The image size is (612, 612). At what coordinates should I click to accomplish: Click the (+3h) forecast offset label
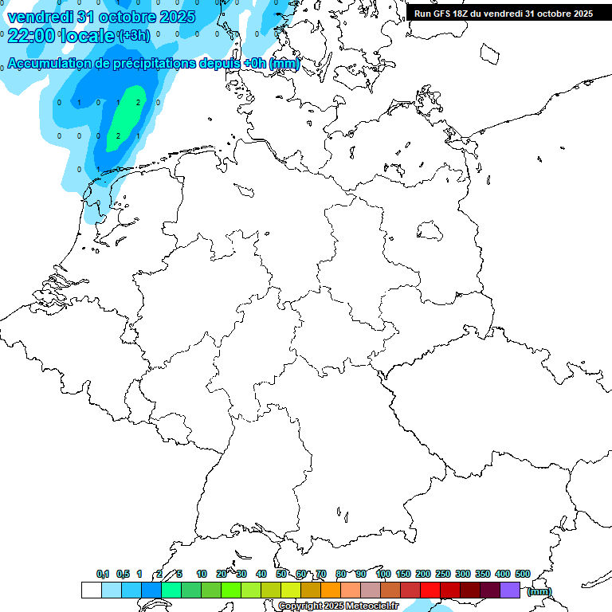point(133,36)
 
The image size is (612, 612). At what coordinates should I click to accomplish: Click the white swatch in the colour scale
point(91,590)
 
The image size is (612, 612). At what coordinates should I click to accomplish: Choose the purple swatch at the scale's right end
point(510,590)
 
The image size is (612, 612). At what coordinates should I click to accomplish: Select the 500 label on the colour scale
point(523,574)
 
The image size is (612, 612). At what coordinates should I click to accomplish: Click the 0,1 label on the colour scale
point(103,574)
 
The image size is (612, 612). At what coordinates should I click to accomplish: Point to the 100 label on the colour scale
point(382,574)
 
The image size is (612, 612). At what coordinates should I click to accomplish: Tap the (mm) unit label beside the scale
point(539,591)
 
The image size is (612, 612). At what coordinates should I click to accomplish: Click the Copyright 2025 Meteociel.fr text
point(339,606)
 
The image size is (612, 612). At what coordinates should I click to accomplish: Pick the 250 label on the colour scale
point(443,574)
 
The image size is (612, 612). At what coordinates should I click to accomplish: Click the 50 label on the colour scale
point(281,574)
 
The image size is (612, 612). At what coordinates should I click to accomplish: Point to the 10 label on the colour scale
point(202,574)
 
